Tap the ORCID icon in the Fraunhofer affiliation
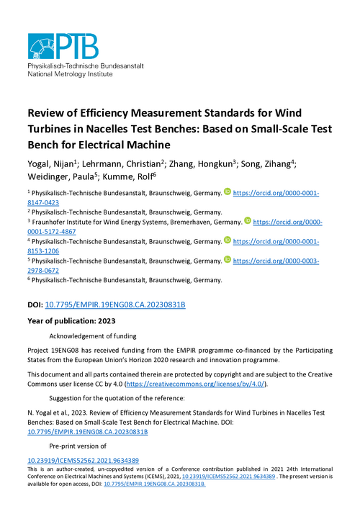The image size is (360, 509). pos(248,221)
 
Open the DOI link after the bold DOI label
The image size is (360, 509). pos(115,305)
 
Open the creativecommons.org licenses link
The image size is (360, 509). pos(196,385)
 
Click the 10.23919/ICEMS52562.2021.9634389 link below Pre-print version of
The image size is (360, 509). pos(83,460)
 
